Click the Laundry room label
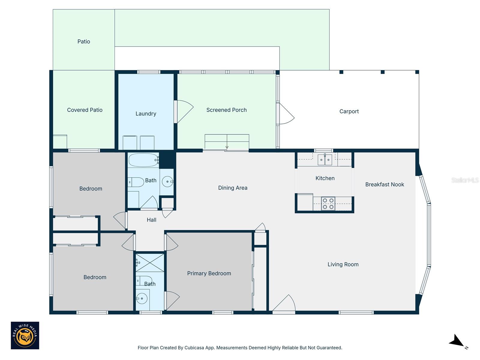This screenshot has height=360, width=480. coord(146,114)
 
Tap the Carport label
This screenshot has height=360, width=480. coord(349,111)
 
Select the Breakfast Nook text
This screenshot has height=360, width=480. coord(385,184)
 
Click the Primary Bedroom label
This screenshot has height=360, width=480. coord(209,273)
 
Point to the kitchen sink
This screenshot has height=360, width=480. coord(325,160)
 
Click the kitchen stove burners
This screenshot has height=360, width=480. coord(328,204)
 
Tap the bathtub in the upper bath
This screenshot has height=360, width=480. coord(143,160)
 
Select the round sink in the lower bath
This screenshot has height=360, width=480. coord(142,298)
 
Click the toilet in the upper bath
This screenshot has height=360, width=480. coord(136,182)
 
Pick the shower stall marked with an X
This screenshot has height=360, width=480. coord(150,263)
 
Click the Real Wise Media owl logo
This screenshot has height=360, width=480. coord(25,335)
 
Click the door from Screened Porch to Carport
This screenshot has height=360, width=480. coord(286,114)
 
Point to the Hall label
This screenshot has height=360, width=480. coord(151,220)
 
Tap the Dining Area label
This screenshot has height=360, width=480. coord(233,188)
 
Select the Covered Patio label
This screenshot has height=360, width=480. coord(85,110)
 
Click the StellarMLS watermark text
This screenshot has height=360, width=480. coord(465,180)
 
